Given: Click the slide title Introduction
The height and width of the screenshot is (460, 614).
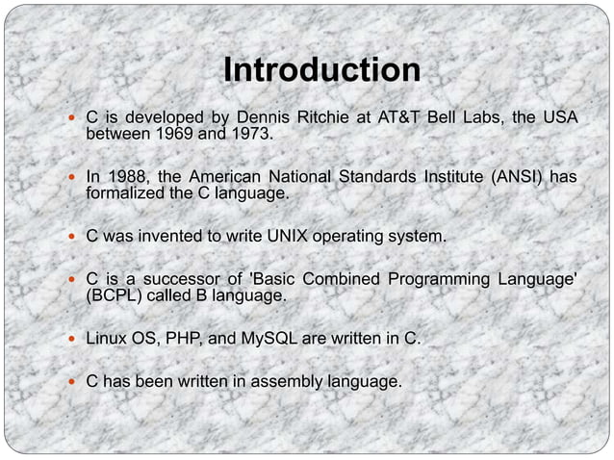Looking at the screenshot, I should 321,71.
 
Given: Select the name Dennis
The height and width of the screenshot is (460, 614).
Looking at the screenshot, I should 264,117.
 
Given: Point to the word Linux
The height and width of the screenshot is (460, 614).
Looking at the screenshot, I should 109,339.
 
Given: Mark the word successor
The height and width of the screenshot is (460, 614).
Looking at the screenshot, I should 172,279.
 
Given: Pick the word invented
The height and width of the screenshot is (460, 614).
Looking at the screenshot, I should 172,236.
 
